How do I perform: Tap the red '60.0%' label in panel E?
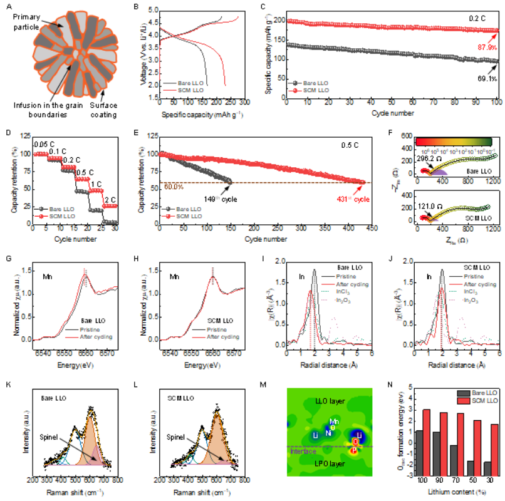(173, 187)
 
